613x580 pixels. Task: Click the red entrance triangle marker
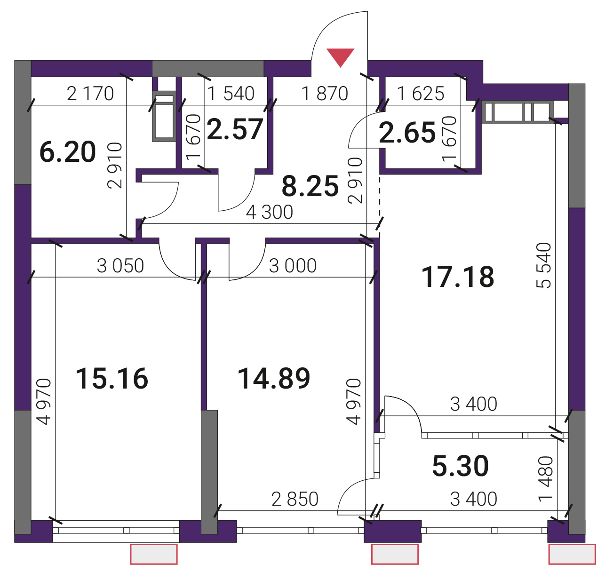tap(340, 56)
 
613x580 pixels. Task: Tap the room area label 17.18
tap(458, 277)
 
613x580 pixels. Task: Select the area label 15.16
tap(112, 379)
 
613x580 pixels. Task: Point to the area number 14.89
tap(274, 379)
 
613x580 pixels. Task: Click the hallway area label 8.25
tap(310, 186)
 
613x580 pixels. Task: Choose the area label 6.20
tap(68, 152)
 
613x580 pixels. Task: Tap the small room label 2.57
tap(235, 129)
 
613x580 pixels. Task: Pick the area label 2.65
tap(407, 133)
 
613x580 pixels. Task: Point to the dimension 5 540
tap(544, 265)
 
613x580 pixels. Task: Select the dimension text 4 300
tap(270, 212)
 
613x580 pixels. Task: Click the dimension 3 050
tap(120, 266)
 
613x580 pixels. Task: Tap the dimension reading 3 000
tap(293, 266)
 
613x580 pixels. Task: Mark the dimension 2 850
tap(295, 499)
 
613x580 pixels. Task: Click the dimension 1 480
tap(546, 479)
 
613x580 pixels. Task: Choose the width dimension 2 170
tap(90, 94)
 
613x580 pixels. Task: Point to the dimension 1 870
tap(325, 94)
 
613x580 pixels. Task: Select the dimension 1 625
tap(421, 94)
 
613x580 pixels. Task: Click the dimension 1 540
tap(231, 94)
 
